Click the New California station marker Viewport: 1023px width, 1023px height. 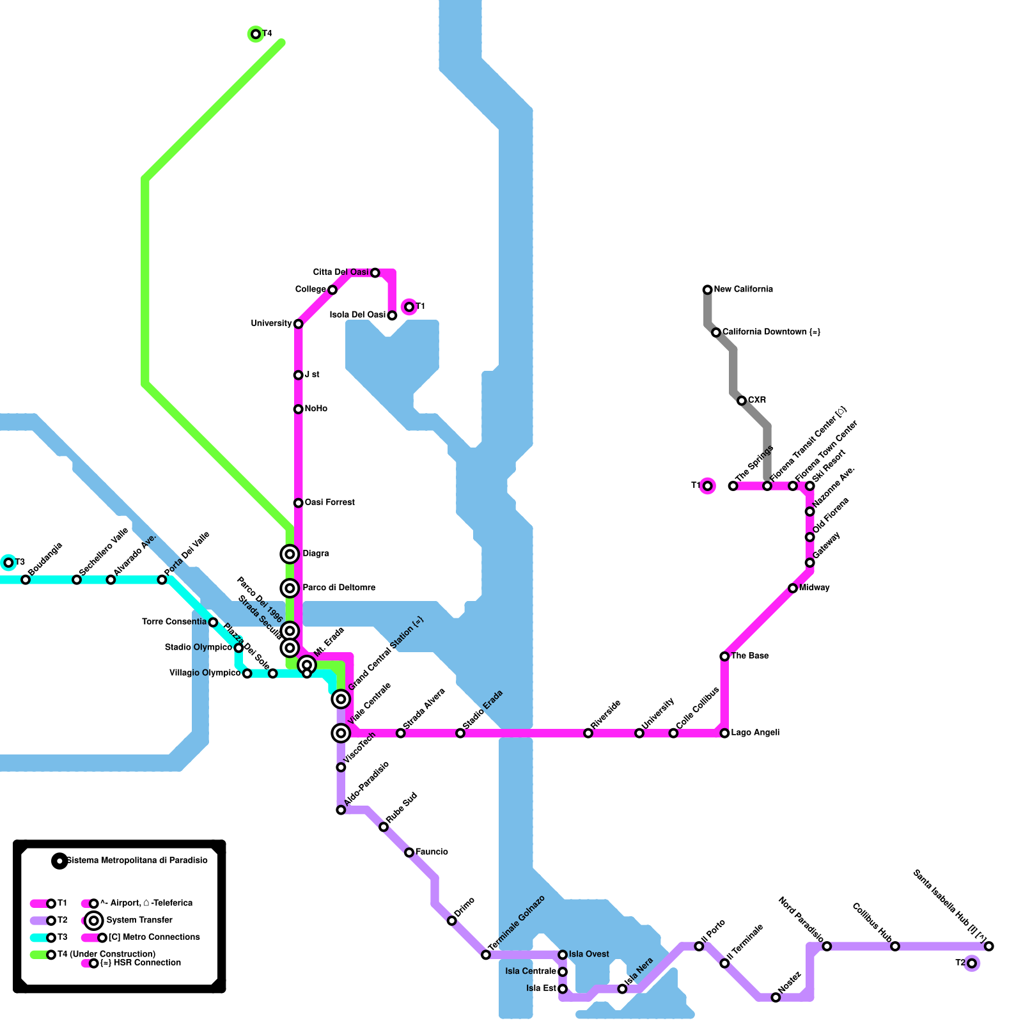pyautogui.click(x=707, y=290)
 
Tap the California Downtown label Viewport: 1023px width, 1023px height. pyautogui.click(x=770, y=332)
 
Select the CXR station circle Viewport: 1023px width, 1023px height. pyautogui.click(x=742, y=401)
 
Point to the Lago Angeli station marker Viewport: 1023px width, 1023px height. pyautogui.click(x=724, y=733)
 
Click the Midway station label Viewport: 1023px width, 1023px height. pyautogui.click(x=814, y=588)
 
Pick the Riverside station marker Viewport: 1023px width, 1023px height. pyautogui.click(x=588, y=733)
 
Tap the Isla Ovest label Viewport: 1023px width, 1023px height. pyautogui.click(x=589, y=954)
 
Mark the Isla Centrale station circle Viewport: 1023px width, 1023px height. pyautogui.click(x=563, y=972)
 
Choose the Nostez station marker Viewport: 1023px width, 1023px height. pyautogui.click(x=776, y=997)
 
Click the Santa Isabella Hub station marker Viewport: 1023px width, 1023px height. pyautogui.click(x=989, y=946)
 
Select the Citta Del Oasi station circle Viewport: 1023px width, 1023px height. pyautogui.click(x=375, y=273)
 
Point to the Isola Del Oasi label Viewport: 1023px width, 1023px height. pyautogui.click(x=357, y=315)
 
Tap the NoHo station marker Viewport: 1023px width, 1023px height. pyautogui.click(x=298, y=409)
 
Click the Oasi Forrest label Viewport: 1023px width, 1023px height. pyautogui.click(x=329, y=503)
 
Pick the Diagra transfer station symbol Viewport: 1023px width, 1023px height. pyautogui.click(x=290, y=554)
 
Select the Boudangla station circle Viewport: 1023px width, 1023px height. pyautogui.click(x=26, y=580)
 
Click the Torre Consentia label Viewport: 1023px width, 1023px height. pyautogui.click(x=174, y=621)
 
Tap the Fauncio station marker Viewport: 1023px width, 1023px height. pyautogui.click(x=409, y=852)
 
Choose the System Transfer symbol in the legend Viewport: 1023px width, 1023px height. pyautogui.click(x=94, y=921)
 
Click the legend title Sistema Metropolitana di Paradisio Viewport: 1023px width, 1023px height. pyautogui.click(x=137, y=861)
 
